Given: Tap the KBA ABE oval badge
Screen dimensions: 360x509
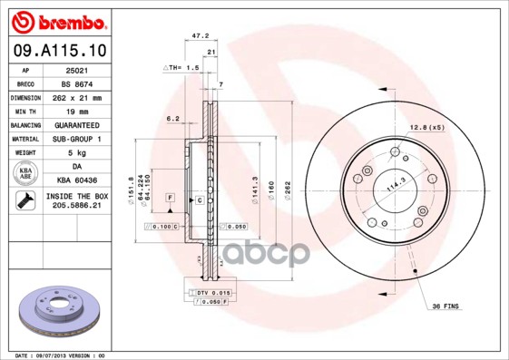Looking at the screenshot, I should (24, 174).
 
